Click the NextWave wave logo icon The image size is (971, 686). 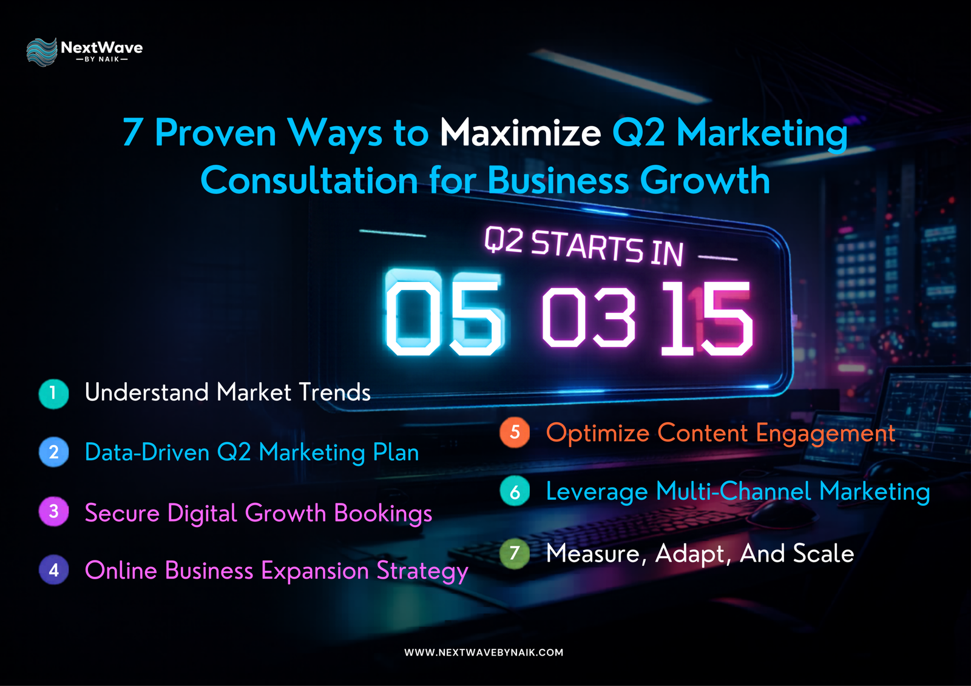41,52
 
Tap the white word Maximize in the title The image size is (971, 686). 520,132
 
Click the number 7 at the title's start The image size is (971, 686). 132,132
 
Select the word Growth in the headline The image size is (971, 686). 705,181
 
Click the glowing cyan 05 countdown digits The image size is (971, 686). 445,314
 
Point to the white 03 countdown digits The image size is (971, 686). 589,317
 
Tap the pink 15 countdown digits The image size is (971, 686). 707,318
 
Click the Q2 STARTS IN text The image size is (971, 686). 584,246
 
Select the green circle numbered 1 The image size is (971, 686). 53,394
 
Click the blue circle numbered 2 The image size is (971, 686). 53,452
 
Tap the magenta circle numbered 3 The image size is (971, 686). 53,511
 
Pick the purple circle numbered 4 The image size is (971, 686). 53,570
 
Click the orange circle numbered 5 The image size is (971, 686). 515,432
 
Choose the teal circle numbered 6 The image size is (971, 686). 515,491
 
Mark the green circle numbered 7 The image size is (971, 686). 515,553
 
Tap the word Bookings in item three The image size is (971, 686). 383,514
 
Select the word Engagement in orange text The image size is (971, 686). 825,434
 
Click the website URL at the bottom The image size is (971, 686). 484,653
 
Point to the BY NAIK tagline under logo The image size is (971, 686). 101,59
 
